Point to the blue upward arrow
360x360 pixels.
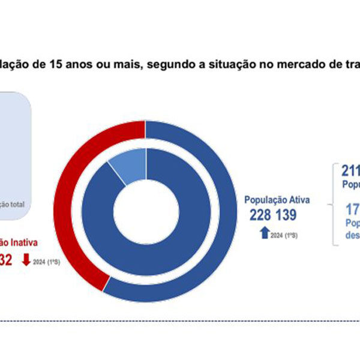(x=265, y=230)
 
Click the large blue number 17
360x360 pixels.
(x=352, y=209)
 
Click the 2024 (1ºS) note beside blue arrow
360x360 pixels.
(x=284, y=235)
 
